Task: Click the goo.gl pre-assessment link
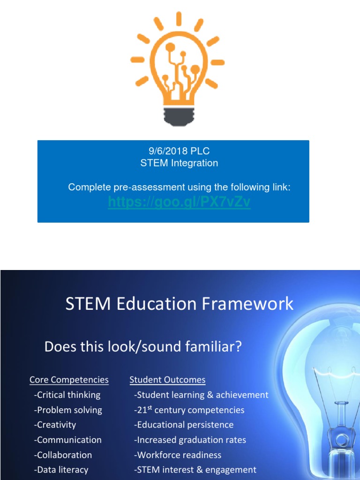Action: (x=180, y=202)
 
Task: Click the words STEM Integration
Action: (x=179, y=163)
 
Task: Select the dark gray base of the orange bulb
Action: (x=179, y=117)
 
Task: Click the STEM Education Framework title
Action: (x=180, y=304)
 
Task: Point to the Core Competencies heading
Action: (x=69, y=380)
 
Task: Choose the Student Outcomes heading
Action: (x=167, y=380)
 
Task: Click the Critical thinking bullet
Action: (x=67, y=395)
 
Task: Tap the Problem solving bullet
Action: (x=68, y=410)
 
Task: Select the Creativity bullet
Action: (x=55, y=425)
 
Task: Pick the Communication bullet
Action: (x=67, y=440)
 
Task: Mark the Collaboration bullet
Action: (x=63, y=455)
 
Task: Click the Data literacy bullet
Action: (x=61, y=470)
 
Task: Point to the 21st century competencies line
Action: (x=189, y=410)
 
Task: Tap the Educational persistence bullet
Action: (x=184, y=425)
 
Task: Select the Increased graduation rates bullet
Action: (x=190, y=440)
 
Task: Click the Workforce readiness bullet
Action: (x=178, y=455)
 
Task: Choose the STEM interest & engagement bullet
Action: (x=195, y=470)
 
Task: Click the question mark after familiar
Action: (x=238, y=346)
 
